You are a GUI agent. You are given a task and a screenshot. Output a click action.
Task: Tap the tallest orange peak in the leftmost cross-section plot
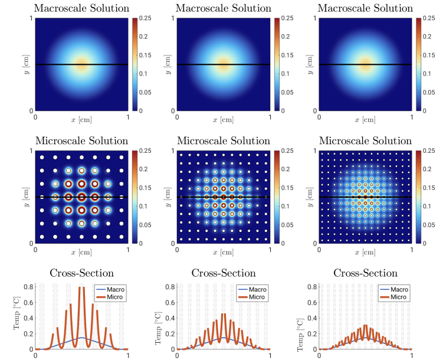click(x=81, y=287)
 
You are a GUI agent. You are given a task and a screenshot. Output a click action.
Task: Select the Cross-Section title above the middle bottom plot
click(x=224, y=273)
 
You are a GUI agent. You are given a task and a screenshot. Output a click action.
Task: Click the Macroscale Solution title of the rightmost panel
click(x=365, y=8)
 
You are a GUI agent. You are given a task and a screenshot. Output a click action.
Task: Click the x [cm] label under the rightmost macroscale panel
click(x=365, y=119)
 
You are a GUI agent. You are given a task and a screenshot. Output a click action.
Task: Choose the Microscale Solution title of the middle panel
click(x=224, y=141)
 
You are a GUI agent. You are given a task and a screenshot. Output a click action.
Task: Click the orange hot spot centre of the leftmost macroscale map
click(x=82, y=64)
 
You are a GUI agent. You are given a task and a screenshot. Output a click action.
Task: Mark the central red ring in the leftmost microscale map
click(x=82, y=197)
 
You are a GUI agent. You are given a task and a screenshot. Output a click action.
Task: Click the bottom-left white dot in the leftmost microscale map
click(x=42, y=236)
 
